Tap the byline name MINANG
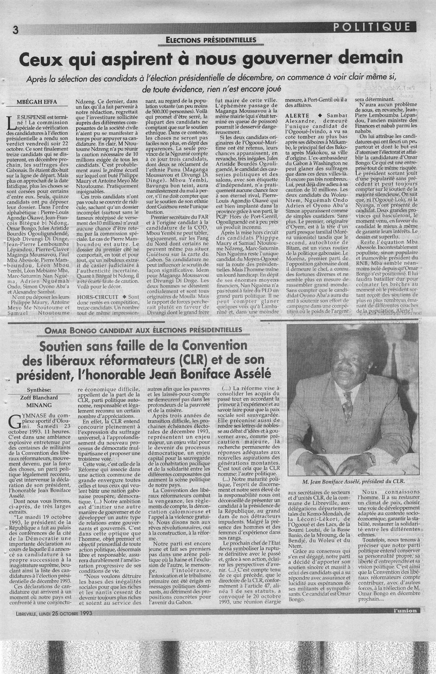coord(40,405)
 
